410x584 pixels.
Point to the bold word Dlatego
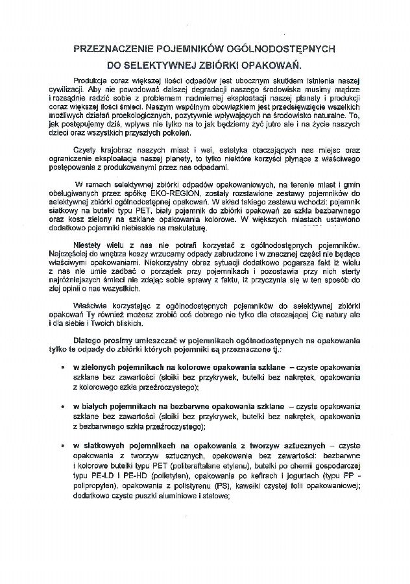[90, 341]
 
